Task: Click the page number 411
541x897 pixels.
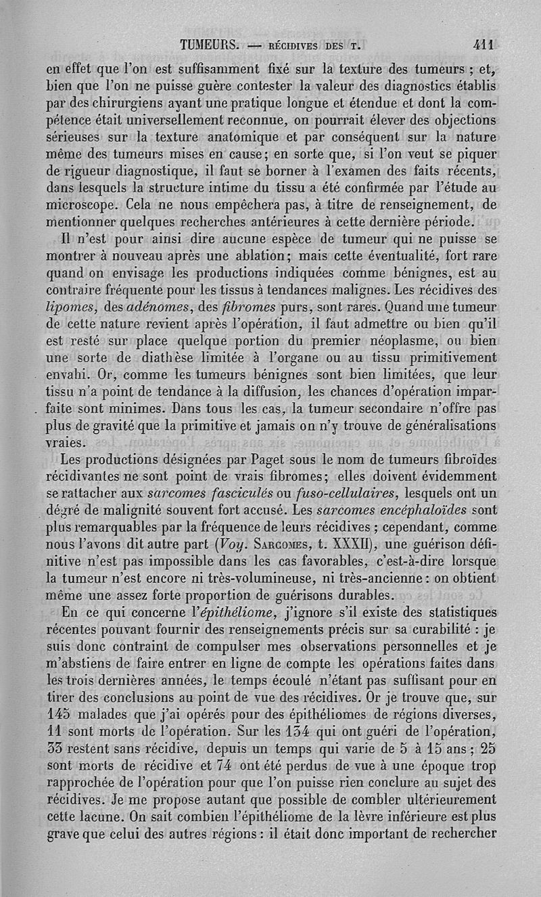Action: [x=485, y=45]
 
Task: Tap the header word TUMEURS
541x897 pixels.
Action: [x=210, y=46]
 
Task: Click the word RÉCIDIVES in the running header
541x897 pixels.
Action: [x=295, y=47]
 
